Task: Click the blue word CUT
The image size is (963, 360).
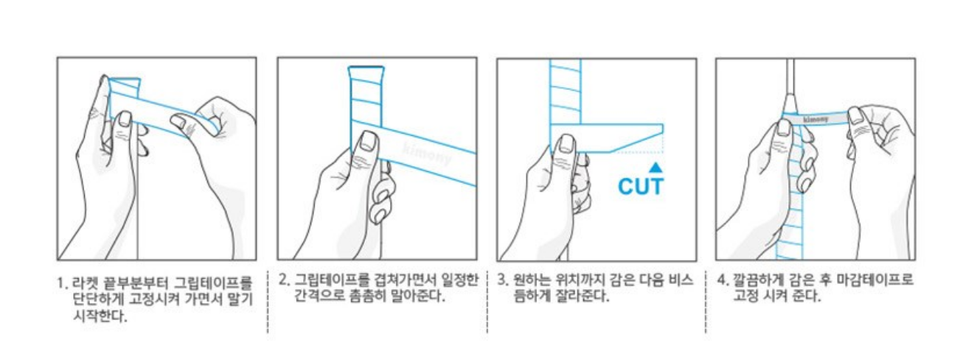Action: [641, 187]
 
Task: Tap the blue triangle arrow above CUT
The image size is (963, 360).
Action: [656, 167]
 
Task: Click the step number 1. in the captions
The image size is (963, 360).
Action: [63, 283]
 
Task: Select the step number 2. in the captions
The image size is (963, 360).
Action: [284, 280]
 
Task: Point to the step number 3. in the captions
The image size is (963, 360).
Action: [503, 280]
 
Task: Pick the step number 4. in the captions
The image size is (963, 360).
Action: [723, 280]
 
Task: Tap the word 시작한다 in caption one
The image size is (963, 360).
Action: [100, 316]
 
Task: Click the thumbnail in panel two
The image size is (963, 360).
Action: [369, 142]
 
